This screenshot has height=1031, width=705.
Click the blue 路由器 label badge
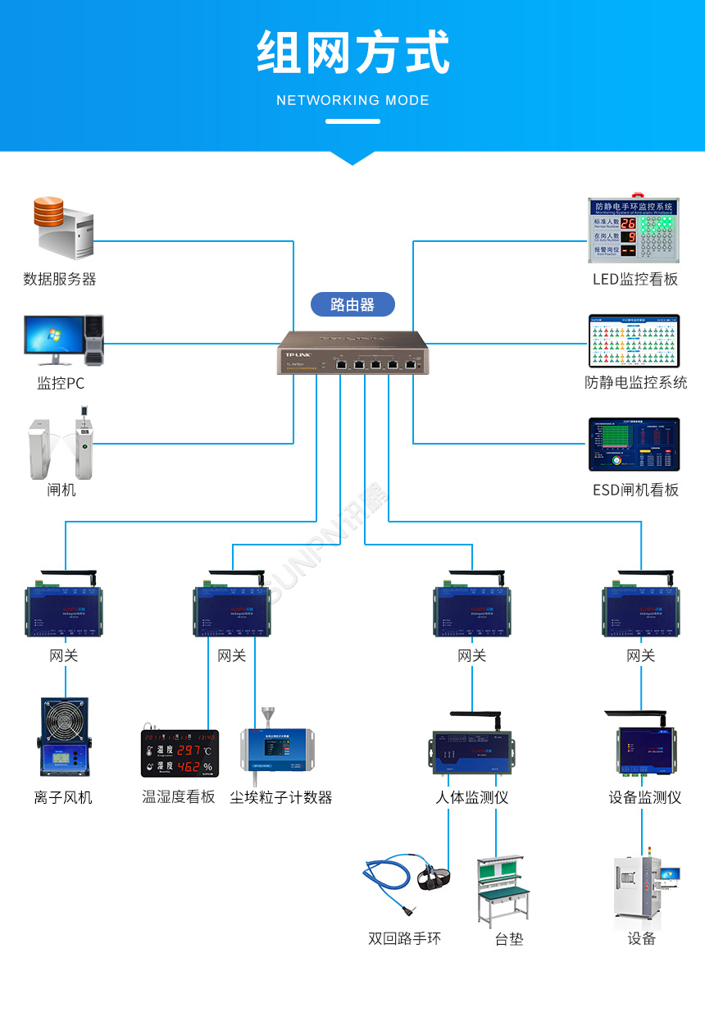(x=352, y=304)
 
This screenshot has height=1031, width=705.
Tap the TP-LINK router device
(x=352, y=353)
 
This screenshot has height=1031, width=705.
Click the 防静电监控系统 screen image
(x=634, y=340)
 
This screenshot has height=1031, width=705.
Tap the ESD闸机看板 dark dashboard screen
(x=634, y=444)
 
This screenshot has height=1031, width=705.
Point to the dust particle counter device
(x=277, y=746)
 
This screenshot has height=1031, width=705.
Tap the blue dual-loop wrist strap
(x=405, y=887)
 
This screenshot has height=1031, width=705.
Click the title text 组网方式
(x=352, y=52)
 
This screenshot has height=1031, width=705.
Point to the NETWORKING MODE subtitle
(x=352, y=100)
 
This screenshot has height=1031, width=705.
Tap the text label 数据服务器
(x=60, y=279)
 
